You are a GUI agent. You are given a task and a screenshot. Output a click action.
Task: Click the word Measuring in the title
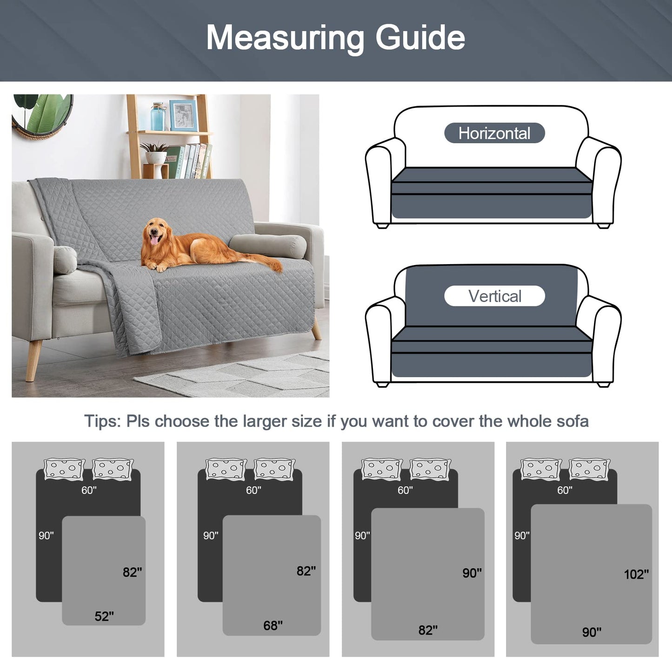(x=285, y=38)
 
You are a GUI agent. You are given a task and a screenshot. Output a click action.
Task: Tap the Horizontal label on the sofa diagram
(x=494, y=133)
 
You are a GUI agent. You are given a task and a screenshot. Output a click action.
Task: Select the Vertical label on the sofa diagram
(x=494, y=296)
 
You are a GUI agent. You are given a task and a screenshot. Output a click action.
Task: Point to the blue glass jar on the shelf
(x=158, y=116)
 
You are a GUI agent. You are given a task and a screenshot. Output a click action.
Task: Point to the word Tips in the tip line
(x=102, y=421)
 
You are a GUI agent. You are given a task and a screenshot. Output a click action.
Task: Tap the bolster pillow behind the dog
(x=268, y=246)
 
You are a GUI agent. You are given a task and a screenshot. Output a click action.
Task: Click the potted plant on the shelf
(x=155, y=153)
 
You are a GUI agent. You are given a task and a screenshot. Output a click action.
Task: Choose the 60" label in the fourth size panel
(x=565, y=490)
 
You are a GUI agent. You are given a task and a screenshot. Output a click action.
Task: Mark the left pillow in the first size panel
(x=65, y=469)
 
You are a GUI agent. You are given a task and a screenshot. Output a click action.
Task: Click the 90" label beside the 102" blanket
(x=592, y=632)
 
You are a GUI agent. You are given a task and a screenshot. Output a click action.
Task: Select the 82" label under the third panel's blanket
(x=428, y=630)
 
